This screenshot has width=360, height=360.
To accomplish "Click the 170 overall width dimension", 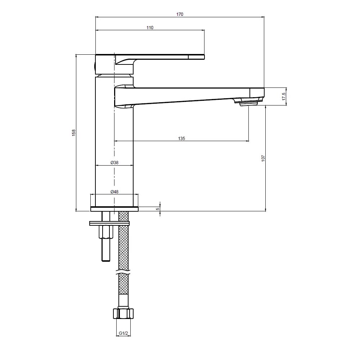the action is pyautogui.click(x=180, y=14).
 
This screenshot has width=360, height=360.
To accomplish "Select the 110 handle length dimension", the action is pyautogui.click(x=150, y=28).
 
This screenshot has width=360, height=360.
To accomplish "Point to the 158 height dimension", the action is pyautogui.click(x=74, y=133).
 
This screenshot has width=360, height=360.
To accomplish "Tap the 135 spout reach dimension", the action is pyautogui.click(x=181, y=139).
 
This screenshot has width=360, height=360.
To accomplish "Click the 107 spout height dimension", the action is pyautogui.click(x=263, y=158).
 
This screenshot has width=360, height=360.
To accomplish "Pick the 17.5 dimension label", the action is pyautogui.click(x=284, y=96).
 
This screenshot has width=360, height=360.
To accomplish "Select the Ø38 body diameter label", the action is pyautogui.click(x=114, y=163).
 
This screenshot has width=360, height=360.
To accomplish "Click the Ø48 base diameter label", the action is pyautogui.click(x=114, y=192).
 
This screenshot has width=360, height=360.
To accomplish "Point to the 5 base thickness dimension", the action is pyautogui.click(x=158, y=209).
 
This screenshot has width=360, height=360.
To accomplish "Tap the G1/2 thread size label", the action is pyautogui.click(x=123, y=333).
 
